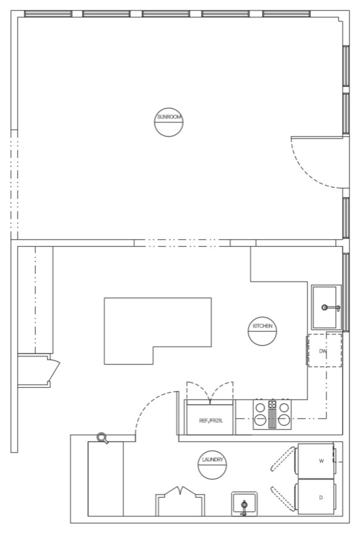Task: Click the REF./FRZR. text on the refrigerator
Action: click(211, 421)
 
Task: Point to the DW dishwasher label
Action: click(323, 351)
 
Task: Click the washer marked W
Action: click(316, 461)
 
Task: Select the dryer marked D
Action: click(316, 497)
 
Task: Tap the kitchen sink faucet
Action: click(330, 308)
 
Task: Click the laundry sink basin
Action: click(245, 504)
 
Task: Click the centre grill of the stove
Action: click(272, 418)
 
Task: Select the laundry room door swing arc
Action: click(150, 402)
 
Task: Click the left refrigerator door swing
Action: click(197, 385)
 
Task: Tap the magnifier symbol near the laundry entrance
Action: click(102, 438)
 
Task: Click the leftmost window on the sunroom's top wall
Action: click(48, 14)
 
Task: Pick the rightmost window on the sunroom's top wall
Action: click(287, 14)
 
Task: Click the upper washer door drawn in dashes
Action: click(283, 459)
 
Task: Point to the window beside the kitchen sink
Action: click(346, 292)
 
